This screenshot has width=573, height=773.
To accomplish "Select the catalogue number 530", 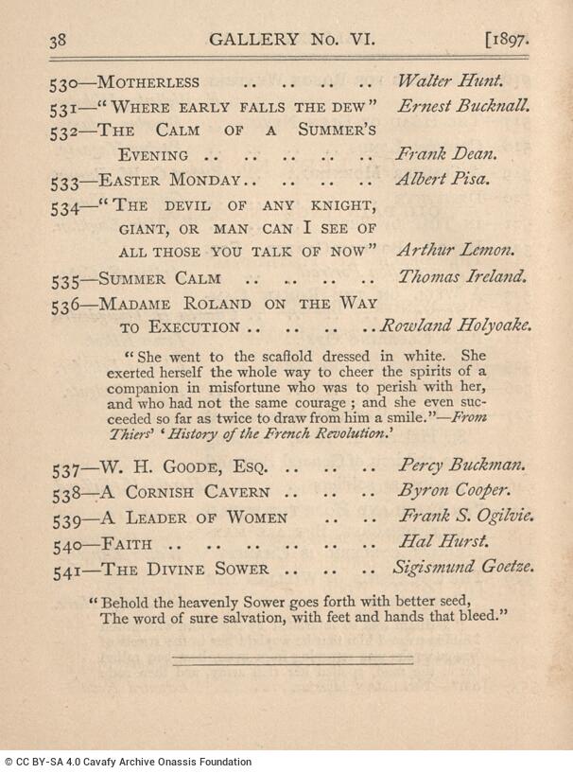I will tap(64, 83).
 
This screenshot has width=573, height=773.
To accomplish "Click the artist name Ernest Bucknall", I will tap(463, 106).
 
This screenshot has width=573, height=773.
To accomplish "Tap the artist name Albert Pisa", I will tap(443, 179).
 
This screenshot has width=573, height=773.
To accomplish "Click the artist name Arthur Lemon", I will tap(456, 251).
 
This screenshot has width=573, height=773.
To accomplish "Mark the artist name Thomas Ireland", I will tap(461, 277).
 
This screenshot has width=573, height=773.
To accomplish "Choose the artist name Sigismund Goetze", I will tap(463, 569).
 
